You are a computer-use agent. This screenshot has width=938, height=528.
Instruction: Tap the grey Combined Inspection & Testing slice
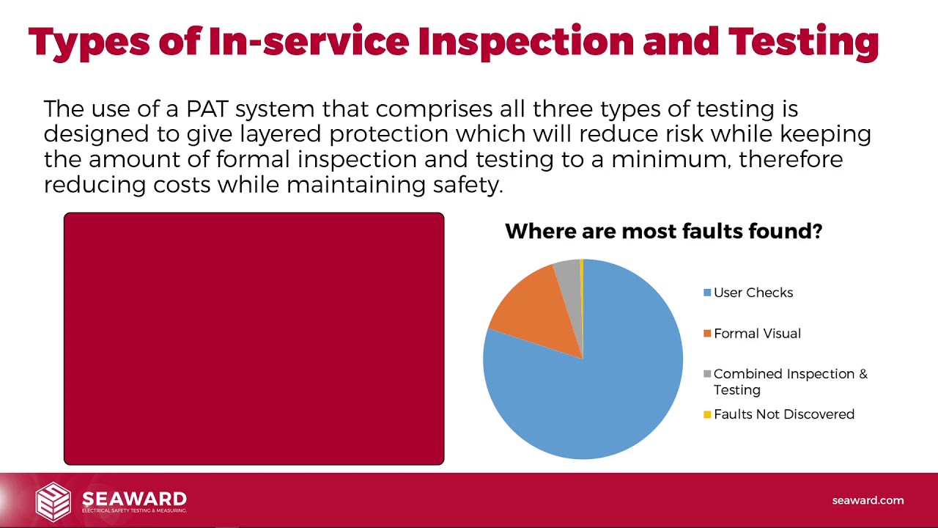(x=568, y=273)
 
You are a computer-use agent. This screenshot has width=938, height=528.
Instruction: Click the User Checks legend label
(x=753, y=293)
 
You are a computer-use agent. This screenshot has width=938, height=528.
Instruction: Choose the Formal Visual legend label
(x=757, y=334)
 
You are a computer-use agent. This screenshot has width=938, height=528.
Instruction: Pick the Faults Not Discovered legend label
(x=784, y=414)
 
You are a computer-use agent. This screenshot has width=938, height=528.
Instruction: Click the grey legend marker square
(x=707, y=374)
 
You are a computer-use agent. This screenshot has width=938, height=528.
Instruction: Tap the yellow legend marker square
(x=707, y=414)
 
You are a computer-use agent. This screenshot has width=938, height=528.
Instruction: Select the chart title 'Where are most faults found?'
(x=663, y=232)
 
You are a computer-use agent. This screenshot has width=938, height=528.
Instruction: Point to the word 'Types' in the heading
(x=87, y=42)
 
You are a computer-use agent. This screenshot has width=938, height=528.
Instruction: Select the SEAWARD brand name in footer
(x=134, y=498)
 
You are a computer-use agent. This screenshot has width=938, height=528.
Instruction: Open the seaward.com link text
(x=868, y=500)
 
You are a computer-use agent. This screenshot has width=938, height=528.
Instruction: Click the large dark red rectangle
(x=254, y=339)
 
